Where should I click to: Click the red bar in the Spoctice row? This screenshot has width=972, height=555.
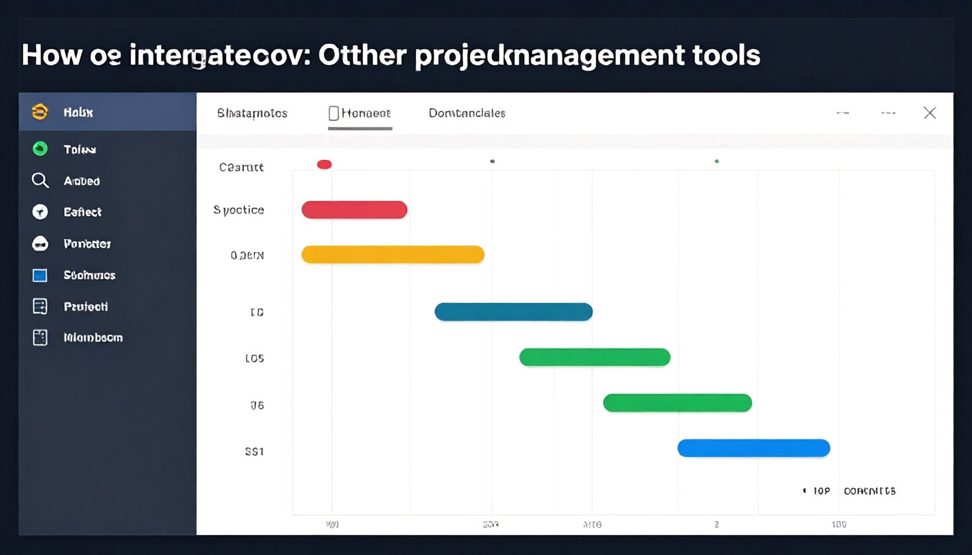click(x=354, y=210)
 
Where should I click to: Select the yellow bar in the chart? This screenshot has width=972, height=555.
click(x=393, y=255)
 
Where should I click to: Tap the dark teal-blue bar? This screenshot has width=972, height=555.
click(x=513, y=312)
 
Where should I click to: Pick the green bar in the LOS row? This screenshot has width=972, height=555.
click(x=594, y=358)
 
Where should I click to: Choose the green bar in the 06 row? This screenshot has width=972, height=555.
click(x=677, y=403)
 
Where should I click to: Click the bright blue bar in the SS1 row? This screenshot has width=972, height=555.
click(x=753, y=448)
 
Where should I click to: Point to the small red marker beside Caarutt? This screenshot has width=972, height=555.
click(x=324, y=165)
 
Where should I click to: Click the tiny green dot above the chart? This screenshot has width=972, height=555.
click(x=717, y=162)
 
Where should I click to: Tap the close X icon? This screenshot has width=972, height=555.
click(x=930, y=113)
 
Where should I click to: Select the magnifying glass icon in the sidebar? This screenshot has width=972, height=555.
click(x=40, y=180)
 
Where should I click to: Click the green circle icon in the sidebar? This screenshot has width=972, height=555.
click(x=40, y=149)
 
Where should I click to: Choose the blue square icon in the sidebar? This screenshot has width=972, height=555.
click(x=40, y=275)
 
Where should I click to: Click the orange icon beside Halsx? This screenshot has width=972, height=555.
click(x=40, y=112)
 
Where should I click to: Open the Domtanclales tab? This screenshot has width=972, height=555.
click(x=467, y=113)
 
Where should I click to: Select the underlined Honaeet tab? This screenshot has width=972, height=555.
click(x=360, y=113)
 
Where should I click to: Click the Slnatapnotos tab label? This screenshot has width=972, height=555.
click(x=252, y=113)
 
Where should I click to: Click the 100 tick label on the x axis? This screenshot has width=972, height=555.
click(x=839, y=525)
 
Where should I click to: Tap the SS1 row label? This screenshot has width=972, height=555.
click(x=254, y=451)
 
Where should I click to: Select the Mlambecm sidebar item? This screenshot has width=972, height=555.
click(x=93, y=338)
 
